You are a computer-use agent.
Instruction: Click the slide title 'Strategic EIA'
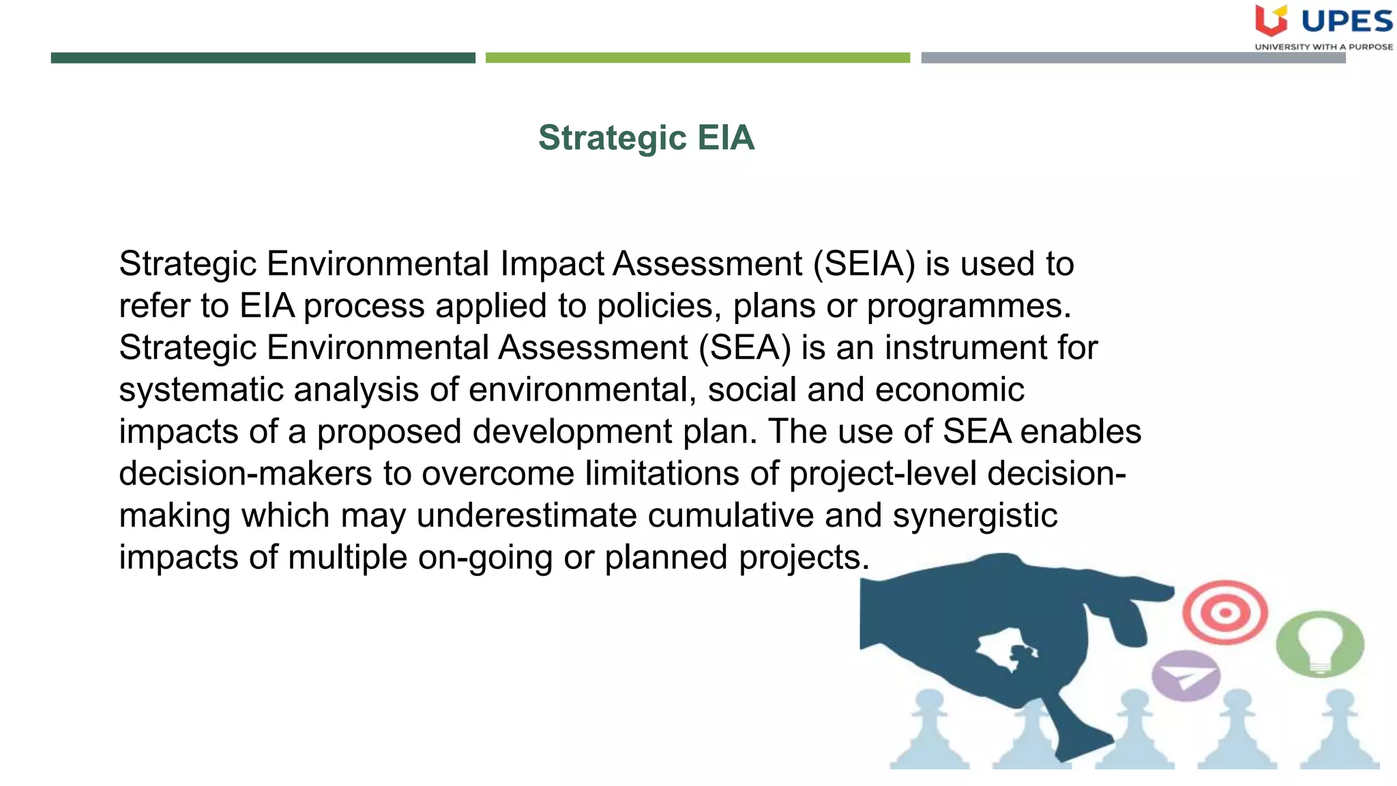[x=646, y=138]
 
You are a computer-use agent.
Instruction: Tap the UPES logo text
[x=1347, y=22]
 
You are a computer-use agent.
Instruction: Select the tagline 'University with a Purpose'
[x=1323, y=47]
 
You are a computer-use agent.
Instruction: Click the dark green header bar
[x=263, y=58]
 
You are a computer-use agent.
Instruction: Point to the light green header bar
[x=697, y=58]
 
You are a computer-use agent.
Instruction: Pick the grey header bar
[x=1132, y=58]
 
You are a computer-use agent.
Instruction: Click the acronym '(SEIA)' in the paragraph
[x=864, y=264]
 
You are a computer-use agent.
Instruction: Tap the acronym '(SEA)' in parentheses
[x=745, y=348]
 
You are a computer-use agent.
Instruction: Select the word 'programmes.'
[x=969, y=306]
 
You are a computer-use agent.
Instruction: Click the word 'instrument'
[x=965, y=348]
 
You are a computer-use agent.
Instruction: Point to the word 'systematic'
[x=201, y=390]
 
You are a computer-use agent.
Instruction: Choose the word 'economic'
[x=950, y=390]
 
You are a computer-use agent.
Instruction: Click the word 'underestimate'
[x=526, y=516]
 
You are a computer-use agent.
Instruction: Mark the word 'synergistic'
[x=975, y=516]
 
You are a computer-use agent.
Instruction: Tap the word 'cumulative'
[x=730, y=516]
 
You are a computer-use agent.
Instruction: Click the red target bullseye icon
[x=1225, y=612]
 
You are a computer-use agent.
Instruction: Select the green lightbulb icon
[x=1320, y=643]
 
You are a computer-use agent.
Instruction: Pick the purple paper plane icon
[x=1186, y=675]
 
